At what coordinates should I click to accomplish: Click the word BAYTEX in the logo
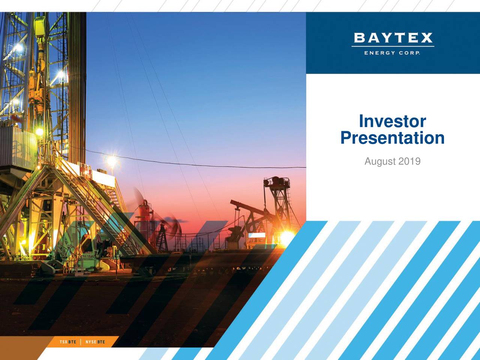click(393, 38)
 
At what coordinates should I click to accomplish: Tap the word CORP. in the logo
click(409, 53)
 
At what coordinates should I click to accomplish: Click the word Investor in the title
click(392, 121)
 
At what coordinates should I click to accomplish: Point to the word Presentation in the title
click(392, 138)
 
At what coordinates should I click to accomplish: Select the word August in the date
click(380, 162)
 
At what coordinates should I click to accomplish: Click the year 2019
click(409, 162)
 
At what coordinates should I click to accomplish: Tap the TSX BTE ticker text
click(68, 342)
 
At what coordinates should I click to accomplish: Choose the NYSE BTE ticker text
click(95, 342)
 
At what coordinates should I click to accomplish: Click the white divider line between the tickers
click(81, 342)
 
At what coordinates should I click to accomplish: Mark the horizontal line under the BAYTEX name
click(393, 46)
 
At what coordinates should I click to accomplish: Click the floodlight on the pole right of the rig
click(111, 161)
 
